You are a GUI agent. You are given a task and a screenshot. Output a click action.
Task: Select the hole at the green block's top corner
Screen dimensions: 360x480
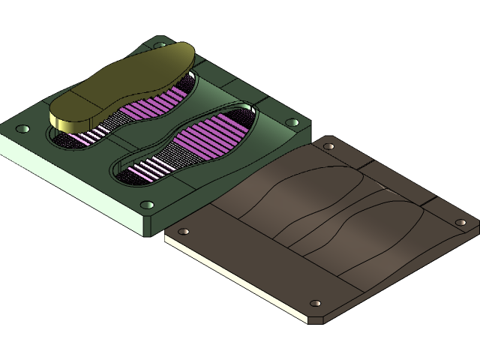tap(159, 45)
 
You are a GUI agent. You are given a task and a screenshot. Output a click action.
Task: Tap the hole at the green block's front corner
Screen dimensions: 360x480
tap(148, 205)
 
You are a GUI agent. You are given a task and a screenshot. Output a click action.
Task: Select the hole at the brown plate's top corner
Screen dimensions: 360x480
tap(328, 146)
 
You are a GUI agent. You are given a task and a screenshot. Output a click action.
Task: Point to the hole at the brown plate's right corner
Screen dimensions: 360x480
tap(461, 222)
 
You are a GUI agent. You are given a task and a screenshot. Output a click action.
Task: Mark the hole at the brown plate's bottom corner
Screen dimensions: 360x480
tap(316, 304)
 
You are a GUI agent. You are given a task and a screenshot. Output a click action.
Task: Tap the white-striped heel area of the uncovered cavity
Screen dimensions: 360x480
tap(144, 171)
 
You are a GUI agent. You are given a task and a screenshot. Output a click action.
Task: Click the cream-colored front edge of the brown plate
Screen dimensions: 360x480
tap(232, 277)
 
